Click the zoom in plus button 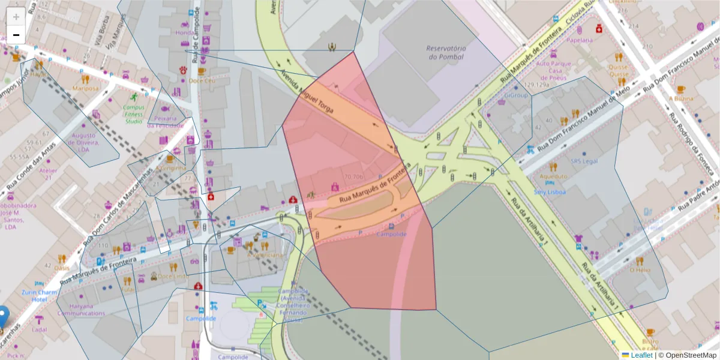(x=16, y=17)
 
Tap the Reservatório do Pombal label (x=446, y=52)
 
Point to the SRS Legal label (x=584, y=161)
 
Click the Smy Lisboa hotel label (x=550, y=192)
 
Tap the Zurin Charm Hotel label (x=39, y=295)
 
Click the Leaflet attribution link (x=641, y=355)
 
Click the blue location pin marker (x=3, y=316)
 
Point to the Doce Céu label (x=202, y=80)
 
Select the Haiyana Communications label (x=81, y=309)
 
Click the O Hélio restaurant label (x=640, y=270)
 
